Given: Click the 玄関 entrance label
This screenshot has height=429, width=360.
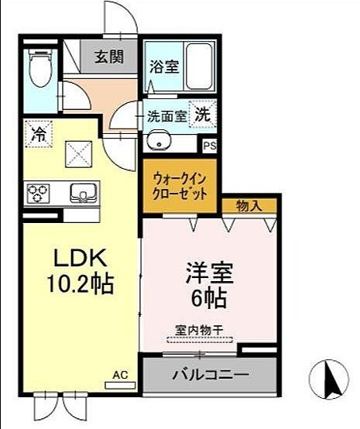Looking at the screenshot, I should [108, 57].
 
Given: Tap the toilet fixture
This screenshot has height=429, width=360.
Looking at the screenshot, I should [39, 70].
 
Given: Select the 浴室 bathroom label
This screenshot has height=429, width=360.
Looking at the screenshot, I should [163, 66].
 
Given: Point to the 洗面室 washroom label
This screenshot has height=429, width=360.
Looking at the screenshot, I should [166, 117].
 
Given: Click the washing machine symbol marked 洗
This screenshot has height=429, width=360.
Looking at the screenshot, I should [202, 113].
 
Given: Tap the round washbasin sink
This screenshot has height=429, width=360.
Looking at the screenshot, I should [160, 141].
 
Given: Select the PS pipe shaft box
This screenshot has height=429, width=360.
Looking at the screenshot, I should [209, 145].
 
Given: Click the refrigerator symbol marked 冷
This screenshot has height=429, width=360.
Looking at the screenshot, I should [36, 133].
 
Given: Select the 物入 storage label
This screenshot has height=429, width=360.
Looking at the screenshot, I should [248, 205].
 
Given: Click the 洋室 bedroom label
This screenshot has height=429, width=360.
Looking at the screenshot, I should [209, 275].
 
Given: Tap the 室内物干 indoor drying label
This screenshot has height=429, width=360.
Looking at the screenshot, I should [199, 331].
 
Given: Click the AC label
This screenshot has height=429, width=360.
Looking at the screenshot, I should [120, 376].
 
